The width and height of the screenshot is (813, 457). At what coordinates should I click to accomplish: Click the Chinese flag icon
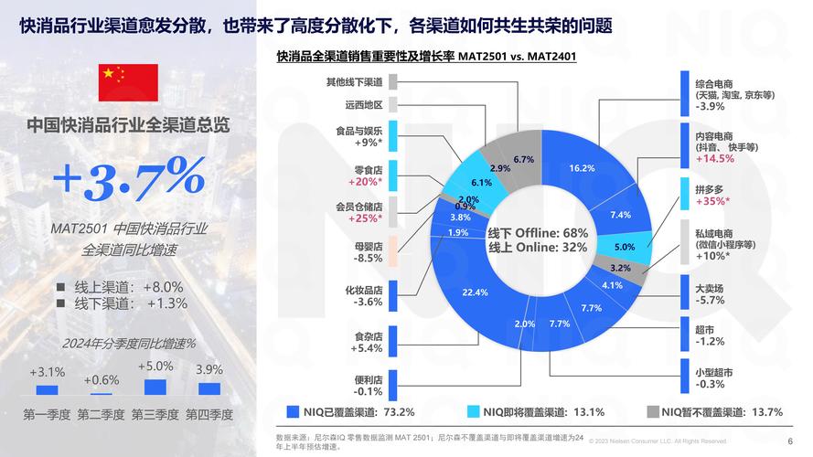[x=128, y=82]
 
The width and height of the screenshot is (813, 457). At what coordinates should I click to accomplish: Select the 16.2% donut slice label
[x=582, y=168]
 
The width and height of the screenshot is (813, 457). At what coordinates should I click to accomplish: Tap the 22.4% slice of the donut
[x=475, y=292]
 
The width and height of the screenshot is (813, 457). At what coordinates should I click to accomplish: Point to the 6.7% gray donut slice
[x=523, y=159]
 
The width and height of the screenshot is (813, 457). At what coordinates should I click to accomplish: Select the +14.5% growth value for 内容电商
[x=715, y=158]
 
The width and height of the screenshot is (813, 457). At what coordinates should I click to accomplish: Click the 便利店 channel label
[x=368, y=379]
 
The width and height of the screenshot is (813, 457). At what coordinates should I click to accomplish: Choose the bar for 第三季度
[x=155, y=387]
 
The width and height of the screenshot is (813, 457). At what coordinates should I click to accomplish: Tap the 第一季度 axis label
[x=47, y=414]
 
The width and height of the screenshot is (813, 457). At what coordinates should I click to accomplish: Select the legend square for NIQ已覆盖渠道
[x=293, y=411]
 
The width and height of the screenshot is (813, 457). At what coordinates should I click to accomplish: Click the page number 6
[x=790, y=441]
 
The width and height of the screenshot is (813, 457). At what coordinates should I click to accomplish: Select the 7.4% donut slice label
[x=620, y=215]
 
